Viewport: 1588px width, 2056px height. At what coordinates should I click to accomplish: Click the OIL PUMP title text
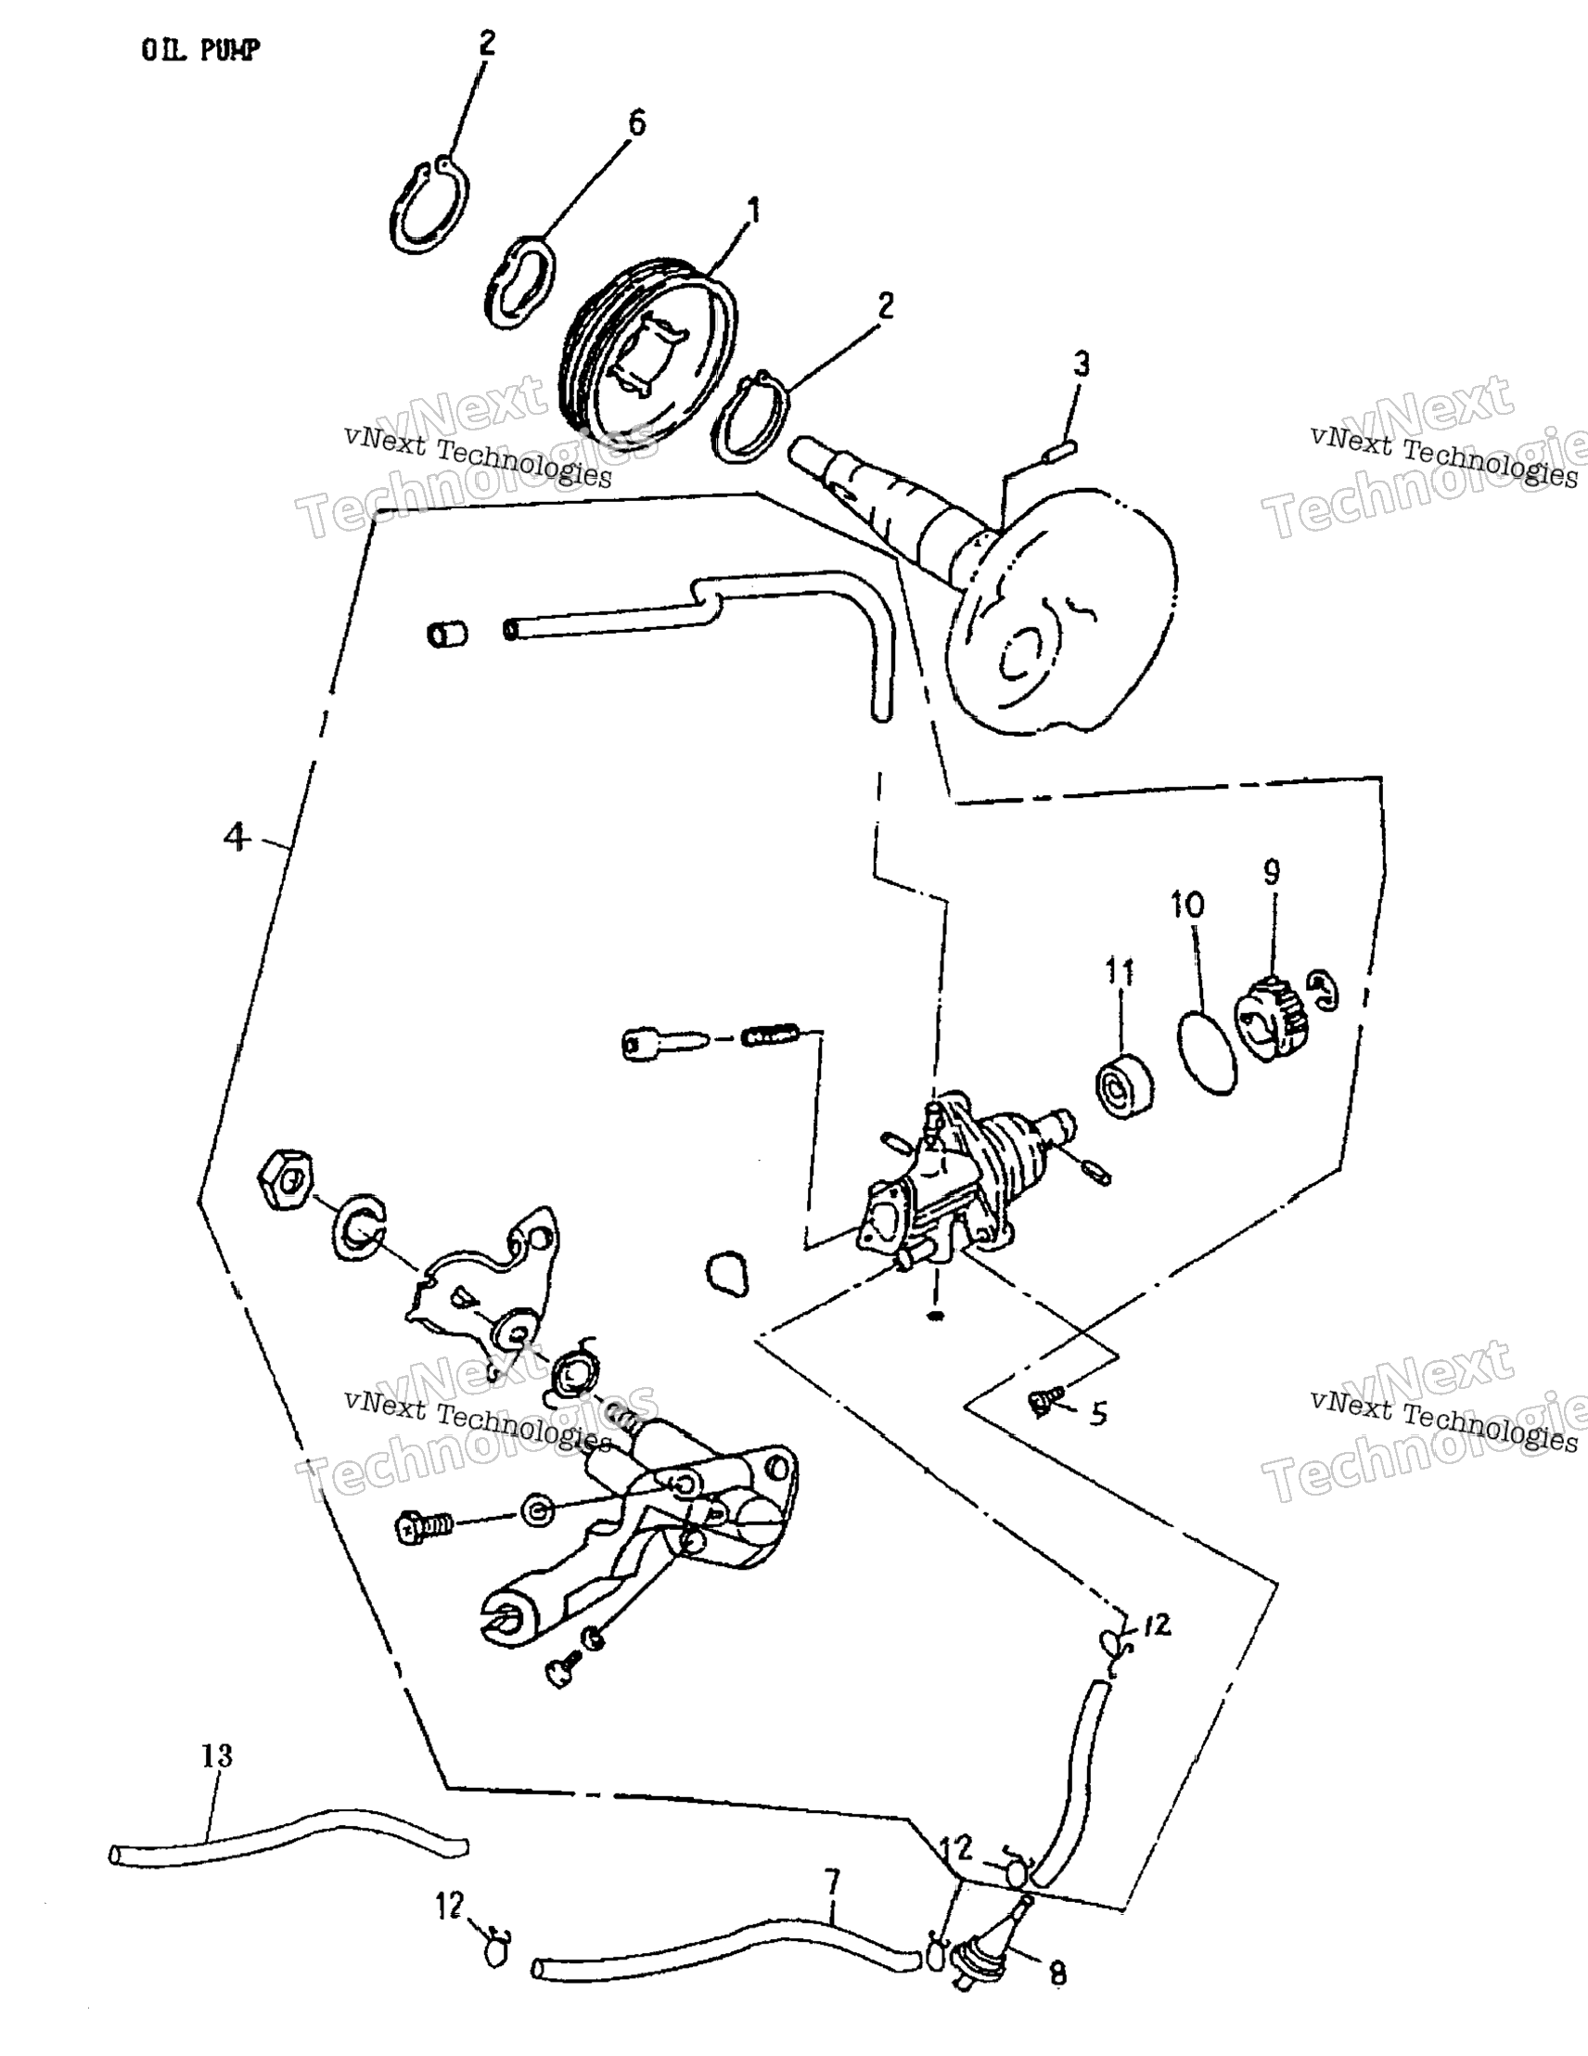coord(199,50)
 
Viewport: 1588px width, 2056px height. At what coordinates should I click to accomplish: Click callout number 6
coord(636,123)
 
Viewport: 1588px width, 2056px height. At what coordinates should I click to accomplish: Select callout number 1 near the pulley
coord(753,211)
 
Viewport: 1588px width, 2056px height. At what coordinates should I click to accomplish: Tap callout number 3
coord(1082,365)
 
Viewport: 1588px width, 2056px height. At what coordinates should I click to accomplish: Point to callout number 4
coord(236,836)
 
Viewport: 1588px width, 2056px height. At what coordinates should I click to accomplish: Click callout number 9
coord(1271,873)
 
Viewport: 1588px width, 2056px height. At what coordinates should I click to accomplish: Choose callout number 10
coord(1187,906)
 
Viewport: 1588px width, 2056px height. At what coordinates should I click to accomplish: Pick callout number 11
coord(1120,971)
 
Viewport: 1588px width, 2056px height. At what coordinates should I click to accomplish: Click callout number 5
coord(1098,1414)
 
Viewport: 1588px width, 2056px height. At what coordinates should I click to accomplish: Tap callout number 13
coord(216,1755)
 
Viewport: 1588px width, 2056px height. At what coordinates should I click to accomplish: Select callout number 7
coord(831,1883)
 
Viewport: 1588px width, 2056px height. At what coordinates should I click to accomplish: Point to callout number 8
coord(1057,1974)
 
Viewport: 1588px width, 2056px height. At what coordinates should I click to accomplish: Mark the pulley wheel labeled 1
coord(649,348)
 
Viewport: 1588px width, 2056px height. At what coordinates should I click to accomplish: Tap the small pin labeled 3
coord(1058,452)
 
